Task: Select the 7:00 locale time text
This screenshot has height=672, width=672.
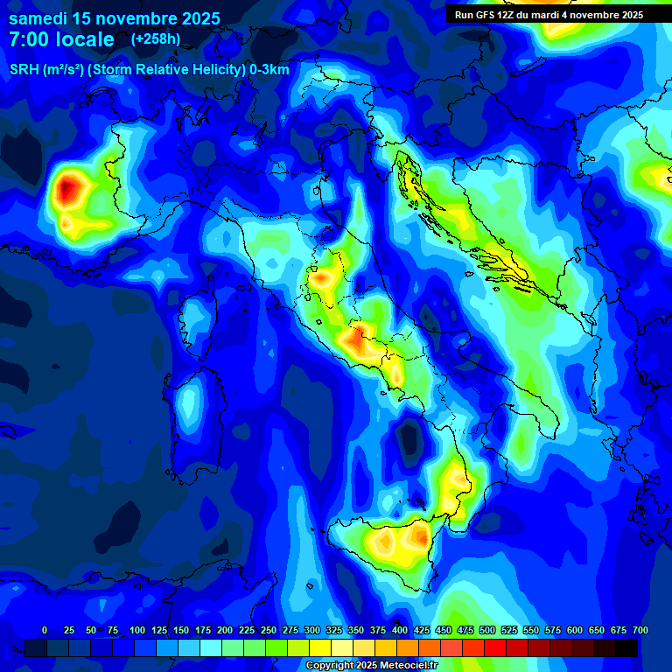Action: point(61,39)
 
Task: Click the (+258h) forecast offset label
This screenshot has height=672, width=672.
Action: point(156,39)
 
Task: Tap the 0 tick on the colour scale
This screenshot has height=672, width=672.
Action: point(45,630)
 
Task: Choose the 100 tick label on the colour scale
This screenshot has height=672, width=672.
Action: point(137,630)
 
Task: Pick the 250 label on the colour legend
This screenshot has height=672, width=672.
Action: point(269,630)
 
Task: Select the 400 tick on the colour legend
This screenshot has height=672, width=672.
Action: point(400,630)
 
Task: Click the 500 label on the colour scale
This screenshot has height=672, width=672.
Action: point(487,630)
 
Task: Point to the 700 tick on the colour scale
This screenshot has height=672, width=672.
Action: point(640,630)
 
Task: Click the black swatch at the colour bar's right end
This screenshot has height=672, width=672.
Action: point(626,647)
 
